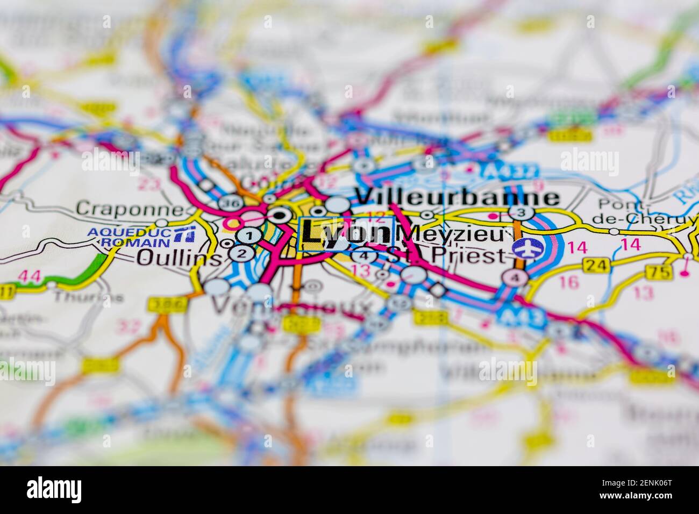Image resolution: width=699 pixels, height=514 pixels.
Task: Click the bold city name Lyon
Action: [345, 232]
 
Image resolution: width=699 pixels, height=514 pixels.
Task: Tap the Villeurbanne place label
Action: [458, 197]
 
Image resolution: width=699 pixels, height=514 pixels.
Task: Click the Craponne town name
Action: [129, 208]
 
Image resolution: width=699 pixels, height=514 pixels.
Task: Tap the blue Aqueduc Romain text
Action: [129, 237]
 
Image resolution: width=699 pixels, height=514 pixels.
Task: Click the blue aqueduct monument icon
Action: [186, 235]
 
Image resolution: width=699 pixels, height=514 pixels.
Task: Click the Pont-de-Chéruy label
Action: [643, 212]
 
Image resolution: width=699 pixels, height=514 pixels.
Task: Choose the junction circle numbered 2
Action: [242, 254]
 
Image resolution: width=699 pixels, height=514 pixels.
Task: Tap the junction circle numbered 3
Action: [519, 212]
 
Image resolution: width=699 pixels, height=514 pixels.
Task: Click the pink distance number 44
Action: [29, 276]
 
